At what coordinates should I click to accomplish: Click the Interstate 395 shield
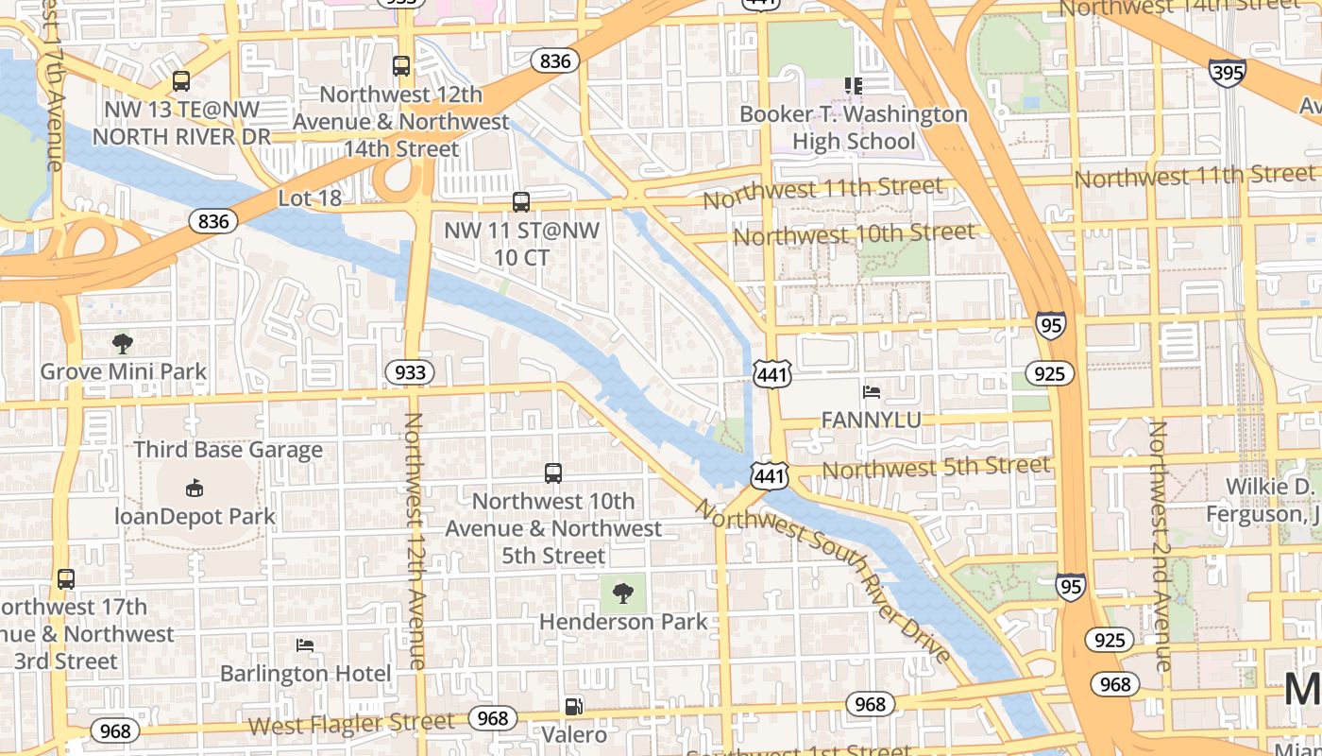click(x=1227, y=73)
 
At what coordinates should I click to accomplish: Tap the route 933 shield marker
click(x=409, y=372)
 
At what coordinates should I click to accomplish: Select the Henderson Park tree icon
click(x=622, y=593)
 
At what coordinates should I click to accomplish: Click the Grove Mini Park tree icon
click(x=122, y=343)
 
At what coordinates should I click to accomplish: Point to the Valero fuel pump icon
click(x=573, y=706)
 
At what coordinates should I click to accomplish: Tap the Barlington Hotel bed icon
click(x=305, y=645)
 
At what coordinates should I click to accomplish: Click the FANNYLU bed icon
click(x=872, y=391)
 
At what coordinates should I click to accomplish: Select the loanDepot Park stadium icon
click(x=194, y=489)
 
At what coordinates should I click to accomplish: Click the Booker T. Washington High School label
click(x=854, y=128)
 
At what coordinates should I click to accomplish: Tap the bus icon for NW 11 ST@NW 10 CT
click(x=520, y=201)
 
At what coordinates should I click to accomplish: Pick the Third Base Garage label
click(x=228, y=450)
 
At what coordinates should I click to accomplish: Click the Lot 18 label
click(x=310, y=198)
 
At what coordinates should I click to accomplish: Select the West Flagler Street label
click(x=351, y=724)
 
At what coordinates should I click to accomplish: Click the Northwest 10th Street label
click(x=854, y=233)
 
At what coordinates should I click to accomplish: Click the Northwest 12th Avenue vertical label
click(x=415, y=541)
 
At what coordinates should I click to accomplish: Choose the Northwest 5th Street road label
click(x=936, y=467)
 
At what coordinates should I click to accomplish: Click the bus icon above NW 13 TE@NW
click(x=180, y=81)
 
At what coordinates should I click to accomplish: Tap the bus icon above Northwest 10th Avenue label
click(x=553, y=472)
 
